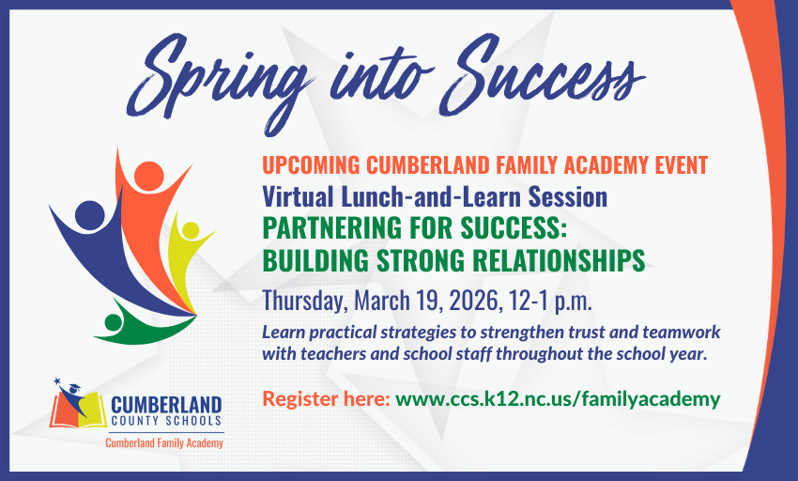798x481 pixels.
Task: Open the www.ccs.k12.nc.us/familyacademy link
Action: tap(558, 399)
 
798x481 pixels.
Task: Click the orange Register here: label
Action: tap(326, 399)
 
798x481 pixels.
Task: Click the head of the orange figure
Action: tap(147, 176)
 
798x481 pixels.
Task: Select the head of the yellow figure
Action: tap(192, 230)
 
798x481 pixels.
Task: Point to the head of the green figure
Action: tap(113, 322)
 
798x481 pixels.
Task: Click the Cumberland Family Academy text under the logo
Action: tap(164, 442)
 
